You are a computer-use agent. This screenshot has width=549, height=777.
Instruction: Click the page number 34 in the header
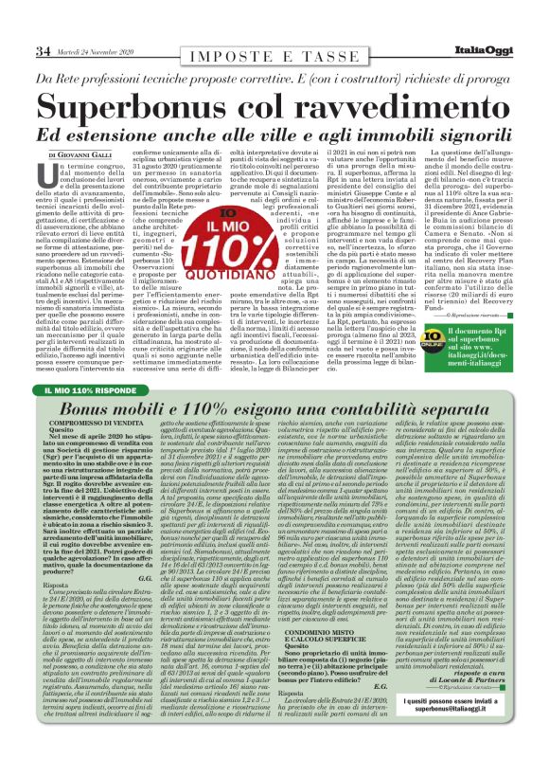[x=44, y=50]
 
